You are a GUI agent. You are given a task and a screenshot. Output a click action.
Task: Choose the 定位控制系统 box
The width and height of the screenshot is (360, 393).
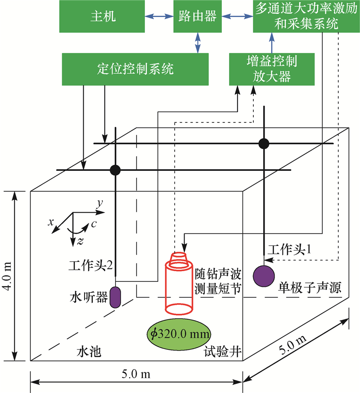(135, 69)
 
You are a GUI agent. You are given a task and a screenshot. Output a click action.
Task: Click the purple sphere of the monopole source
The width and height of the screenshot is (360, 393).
(264, 276)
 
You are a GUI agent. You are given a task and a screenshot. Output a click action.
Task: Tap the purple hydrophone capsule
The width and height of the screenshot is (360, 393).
(116, 297)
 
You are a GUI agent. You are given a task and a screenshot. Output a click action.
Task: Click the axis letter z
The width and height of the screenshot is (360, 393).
(80, 241)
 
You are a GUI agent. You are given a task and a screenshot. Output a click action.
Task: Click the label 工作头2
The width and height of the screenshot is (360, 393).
(90, 265)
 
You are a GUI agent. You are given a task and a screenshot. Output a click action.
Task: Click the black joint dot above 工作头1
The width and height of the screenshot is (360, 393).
(264, 143)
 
